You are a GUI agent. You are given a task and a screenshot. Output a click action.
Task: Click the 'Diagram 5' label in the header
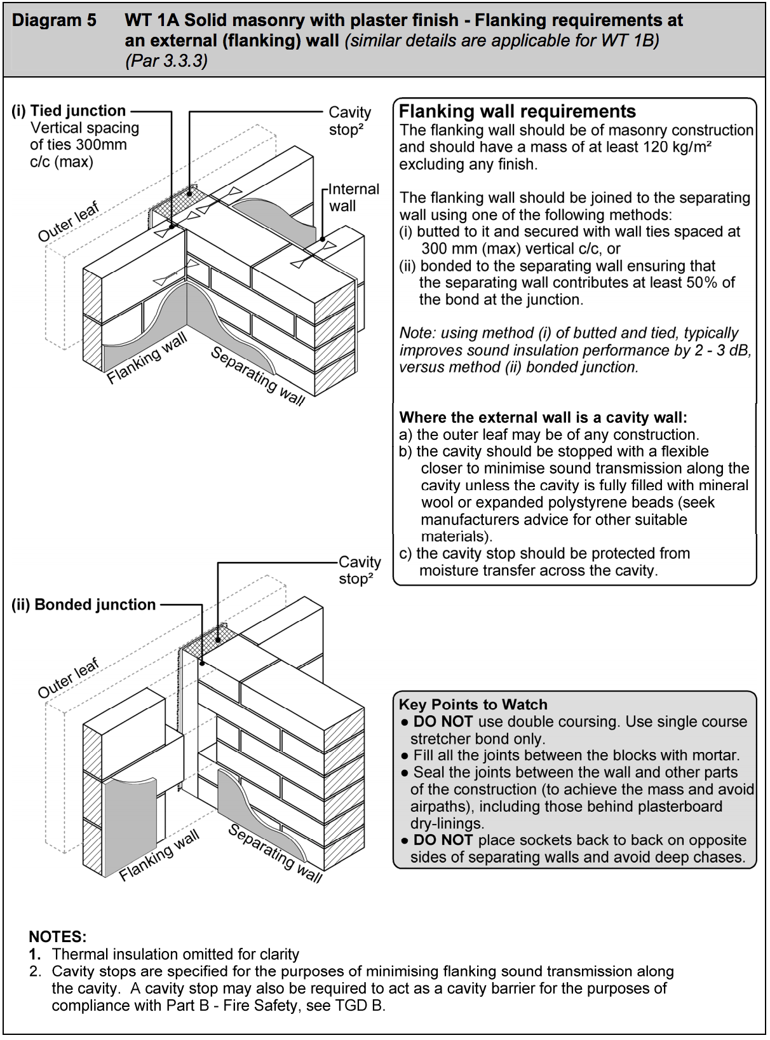[54, 20]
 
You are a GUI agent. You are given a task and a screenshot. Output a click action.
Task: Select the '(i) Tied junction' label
[69, 111]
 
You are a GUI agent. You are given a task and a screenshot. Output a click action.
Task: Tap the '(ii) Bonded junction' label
[83, 605]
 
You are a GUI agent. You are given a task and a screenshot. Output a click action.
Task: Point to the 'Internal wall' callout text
[353, 198]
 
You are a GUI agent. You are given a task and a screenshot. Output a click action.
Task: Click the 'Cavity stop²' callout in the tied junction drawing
[349, 121]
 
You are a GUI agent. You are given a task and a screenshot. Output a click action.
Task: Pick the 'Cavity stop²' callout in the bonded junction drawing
[359, 570]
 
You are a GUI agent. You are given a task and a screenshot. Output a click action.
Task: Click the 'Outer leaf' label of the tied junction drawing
[69, 222]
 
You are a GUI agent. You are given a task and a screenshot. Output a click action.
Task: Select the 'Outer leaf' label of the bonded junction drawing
[68, 678]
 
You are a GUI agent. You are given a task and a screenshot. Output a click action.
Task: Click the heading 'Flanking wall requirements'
[517, 112]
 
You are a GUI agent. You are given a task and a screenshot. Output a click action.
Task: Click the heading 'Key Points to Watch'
[473, 704]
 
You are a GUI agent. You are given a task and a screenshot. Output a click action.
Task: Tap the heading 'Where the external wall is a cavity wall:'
[543, 418]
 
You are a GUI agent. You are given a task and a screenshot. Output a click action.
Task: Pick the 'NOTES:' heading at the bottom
[57, 936]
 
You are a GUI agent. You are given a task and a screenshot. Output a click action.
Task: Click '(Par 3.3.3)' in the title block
[166, 61]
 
